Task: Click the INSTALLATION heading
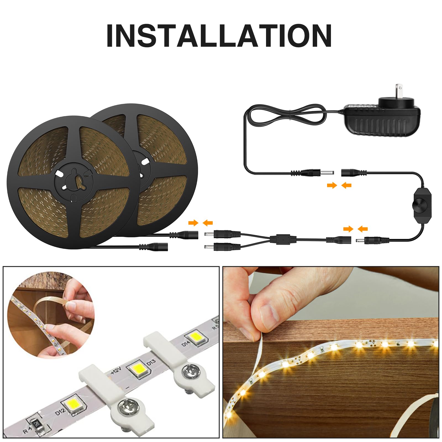point(219,36)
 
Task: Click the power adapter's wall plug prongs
point(398,89)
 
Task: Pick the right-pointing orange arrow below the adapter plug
point(332,185)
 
